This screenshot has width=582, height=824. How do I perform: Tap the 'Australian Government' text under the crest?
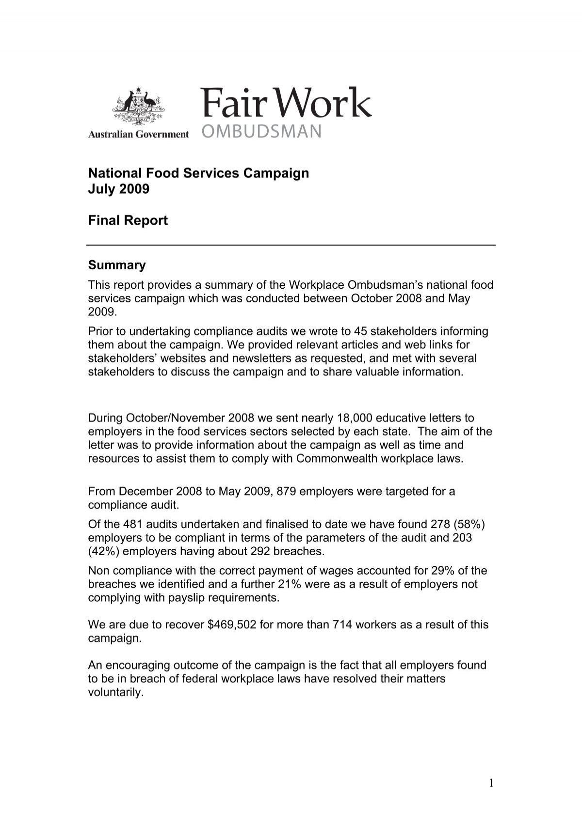pos(138,135)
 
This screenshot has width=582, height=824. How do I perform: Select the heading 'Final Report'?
pos(128,221)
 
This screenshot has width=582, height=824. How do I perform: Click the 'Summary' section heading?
pos(116,265)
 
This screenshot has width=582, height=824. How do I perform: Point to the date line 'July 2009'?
pos(118,189)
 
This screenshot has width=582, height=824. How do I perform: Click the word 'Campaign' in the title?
pos(276,173)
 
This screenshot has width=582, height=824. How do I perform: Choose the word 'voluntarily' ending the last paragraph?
pos(115,692)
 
